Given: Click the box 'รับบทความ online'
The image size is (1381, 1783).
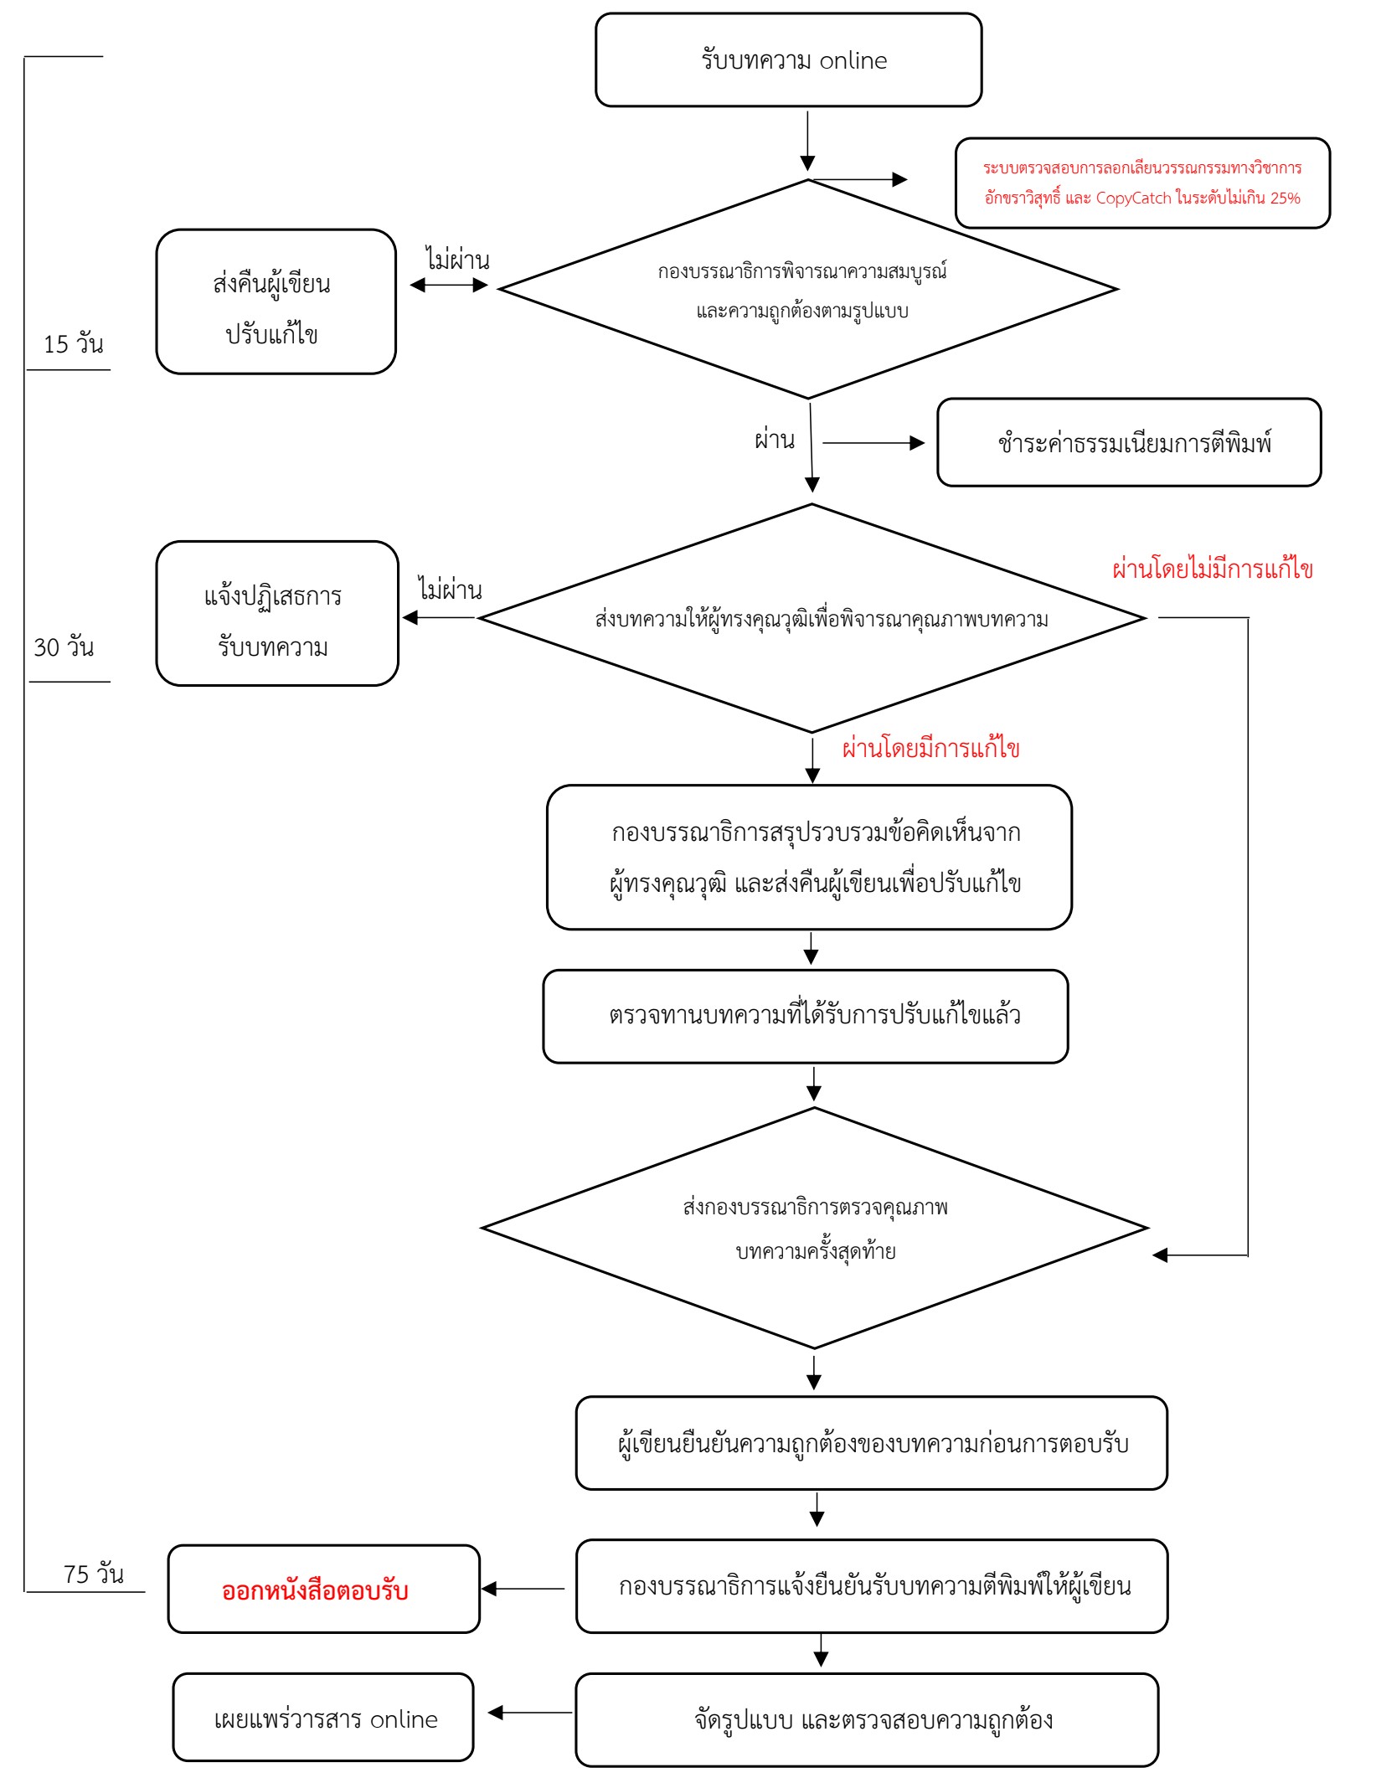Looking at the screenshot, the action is (788, 59).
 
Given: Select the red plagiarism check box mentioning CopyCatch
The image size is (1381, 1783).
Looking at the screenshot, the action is (1142, 183).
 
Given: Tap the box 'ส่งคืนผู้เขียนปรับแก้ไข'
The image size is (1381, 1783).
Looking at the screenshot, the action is (276, 301).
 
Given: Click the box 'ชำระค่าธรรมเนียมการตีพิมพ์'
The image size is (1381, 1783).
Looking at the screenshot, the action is (1129, 442).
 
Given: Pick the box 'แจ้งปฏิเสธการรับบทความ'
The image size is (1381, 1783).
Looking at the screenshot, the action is (277, 613).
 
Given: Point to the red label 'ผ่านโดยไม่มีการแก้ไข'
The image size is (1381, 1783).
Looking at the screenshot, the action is (1212, 569).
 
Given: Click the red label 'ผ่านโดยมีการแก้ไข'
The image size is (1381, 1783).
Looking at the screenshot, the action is (930, 748).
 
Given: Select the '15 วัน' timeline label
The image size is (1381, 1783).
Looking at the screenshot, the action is (74, 343).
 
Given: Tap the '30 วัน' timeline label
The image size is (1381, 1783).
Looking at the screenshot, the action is (64, 647).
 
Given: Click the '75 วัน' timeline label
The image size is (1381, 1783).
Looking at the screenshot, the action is (94, 1574).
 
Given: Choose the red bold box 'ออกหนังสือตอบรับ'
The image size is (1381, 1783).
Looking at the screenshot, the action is (323, 1589).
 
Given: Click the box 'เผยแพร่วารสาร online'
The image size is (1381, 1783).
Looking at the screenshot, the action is (323, 1718).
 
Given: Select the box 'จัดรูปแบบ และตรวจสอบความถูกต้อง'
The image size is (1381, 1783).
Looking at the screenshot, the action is (867, 1719).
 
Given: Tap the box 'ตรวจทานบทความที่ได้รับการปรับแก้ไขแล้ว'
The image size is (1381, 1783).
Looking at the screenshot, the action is (806, 1016).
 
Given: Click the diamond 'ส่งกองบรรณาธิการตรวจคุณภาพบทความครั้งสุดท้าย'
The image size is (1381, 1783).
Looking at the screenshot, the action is (814, 1228).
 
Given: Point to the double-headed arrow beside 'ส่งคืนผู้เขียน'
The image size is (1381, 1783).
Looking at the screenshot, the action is (449, 285).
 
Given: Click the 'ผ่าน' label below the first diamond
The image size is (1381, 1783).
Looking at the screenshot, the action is (775, 440).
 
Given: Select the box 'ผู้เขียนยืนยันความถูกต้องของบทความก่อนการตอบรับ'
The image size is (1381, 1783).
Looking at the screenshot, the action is (872, 1443).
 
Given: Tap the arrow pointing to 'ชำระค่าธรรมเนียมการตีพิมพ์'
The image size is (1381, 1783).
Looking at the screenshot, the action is (873, 443).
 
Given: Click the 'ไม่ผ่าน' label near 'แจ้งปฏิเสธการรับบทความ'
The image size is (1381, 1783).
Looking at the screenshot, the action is (451, 590).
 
